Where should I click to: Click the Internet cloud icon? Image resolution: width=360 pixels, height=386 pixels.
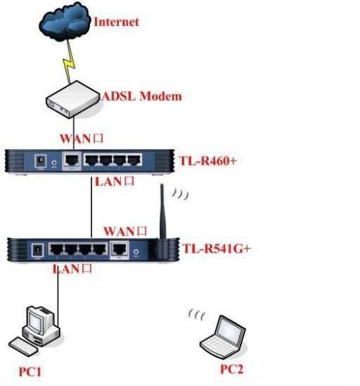pos(65,22)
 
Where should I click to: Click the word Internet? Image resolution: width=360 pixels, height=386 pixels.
pos(117,22)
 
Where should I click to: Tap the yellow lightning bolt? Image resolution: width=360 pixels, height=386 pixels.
pos(69,61)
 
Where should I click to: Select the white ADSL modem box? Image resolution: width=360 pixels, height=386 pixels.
pos(73,99)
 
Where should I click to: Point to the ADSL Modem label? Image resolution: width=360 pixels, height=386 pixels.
pos(143,96)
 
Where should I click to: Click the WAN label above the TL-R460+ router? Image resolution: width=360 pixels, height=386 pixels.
pos(81,139)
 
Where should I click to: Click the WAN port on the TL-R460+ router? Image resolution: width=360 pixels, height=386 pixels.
pos(72,161)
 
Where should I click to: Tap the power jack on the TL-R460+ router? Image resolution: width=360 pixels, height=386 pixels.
pos(40,161)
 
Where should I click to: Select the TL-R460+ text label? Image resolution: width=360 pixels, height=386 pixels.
pos(208,161)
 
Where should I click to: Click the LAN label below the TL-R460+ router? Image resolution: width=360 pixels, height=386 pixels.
pos(114,181)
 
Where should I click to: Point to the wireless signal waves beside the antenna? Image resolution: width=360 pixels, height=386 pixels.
pos(181,194)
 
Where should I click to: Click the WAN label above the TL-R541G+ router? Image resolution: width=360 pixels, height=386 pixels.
pos(125,231)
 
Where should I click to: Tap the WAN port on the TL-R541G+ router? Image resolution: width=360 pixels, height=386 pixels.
pos(120,249)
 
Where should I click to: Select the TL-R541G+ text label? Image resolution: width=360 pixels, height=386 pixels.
pos(217,248)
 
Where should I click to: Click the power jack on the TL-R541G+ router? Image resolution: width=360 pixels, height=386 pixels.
pos(37,250)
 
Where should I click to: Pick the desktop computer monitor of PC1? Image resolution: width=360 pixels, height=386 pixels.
pos(37,319)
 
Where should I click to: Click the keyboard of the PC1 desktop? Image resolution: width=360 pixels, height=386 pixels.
pos(24,346)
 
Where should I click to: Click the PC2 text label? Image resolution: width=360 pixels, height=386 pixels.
pos(232,369)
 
